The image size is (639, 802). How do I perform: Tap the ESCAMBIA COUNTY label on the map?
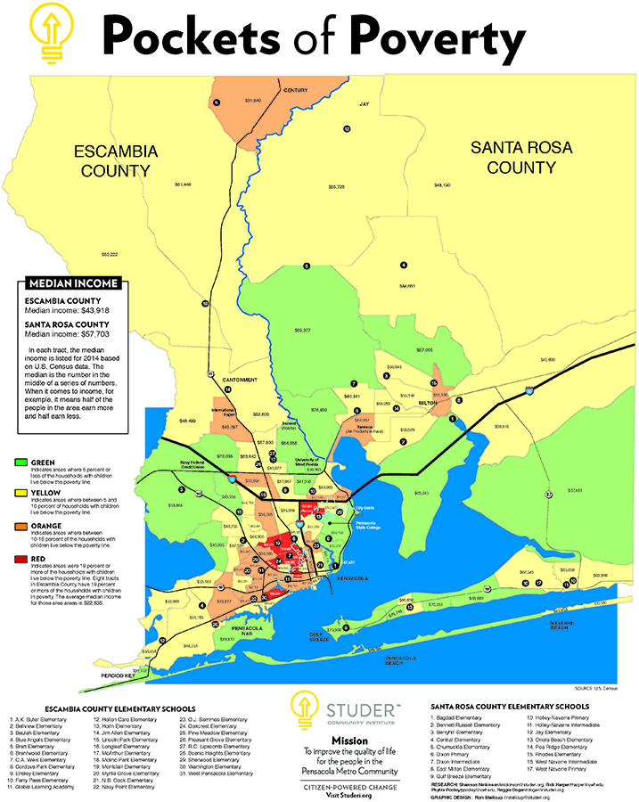point(116,160)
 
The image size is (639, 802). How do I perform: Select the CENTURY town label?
point(295,91)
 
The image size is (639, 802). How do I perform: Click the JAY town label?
point(364,104)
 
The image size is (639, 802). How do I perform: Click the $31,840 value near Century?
point(252,100)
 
